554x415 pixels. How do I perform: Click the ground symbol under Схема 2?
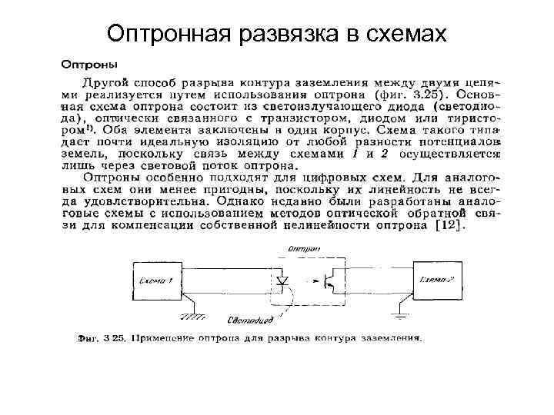click(399, 314)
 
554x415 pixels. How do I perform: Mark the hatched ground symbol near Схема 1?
click(192, 316)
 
